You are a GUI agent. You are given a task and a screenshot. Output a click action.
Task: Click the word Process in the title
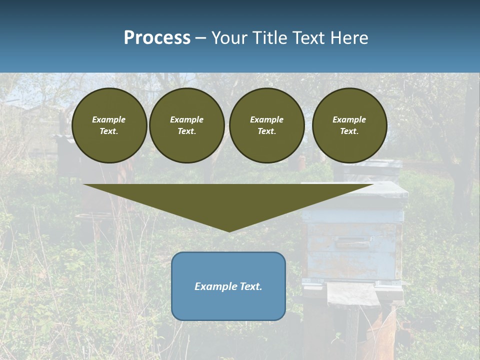coord(157,38)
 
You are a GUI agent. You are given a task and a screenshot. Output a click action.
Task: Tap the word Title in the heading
coord(267,38)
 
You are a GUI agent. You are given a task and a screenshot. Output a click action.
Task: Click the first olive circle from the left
coord(109,125)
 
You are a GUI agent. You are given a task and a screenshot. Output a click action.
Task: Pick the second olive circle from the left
coord(186,125)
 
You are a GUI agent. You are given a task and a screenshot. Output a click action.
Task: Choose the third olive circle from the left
coord(266,125)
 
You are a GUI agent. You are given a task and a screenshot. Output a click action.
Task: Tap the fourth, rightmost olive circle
coord(349,125)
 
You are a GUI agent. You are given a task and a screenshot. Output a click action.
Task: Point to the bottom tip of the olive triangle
coord(229,231)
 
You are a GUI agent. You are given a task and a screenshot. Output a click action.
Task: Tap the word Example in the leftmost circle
coord(109,119)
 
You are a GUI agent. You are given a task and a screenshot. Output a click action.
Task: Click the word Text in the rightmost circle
coord(349,131)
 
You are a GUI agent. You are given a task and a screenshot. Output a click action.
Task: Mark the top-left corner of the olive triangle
coord(84,185)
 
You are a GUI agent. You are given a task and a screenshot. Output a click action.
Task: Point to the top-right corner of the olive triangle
coord(373,185)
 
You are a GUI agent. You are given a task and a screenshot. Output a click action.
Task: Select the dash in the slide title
coord(201,38)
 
